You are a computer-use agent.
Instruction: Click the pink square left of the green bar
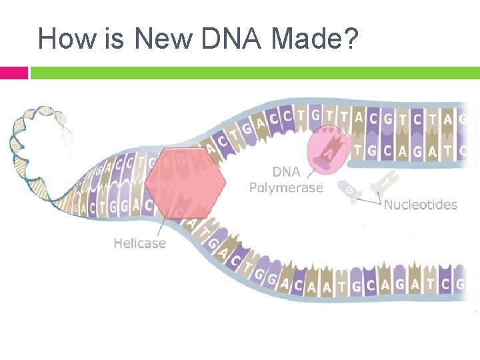13,72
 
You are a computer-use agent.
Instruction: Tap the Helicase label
139,243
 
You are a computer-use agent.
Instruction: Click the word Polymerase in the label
285,188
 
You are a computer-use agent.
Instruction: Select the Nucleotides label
420,204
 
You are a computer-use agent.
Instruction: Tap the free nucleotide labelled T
385,180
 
